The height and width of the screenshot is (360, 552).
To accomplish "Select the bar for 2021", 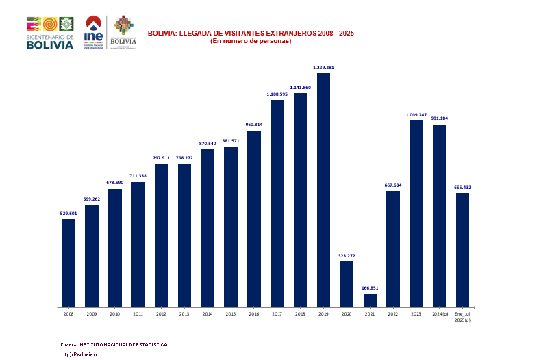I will [x=370, y=300].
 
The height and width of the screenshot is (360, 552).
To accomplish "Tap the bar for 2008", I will [x=68, y=263].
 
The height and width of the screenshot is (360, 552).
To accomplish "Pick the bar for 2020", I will [x=347, y=284].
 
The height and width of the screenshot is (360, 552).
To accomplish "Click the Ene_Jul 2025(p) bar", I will [x=462, y=250].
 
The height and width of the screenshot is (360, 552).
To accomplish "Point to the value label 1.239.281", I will [x=323, y=68].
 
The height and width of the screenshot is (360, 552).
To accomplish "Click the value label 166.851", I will [x=370, y=288].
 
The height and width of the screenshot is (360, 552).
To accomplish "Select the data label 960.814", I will [x=254, y=125].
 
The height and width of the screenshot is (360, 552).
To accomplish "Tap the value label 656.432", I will [x=462, y=187].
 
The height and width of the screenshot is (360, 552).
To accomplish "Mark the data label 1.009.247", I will [x=416, y=114].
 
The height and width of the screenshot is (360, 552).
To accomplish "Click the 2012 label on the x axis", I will [x=161, y=314].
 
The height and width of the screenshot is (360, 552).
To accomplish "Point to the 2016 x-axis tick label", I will [x=254, y=314].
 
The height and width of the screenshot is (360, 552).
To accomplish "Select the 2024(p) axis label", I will [x=440, y=314].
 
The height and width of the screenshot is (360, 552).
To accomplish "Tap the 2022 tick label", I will [x=393, y=314].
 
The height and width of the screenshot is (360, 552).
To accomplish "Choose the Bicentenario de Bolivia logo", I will [x=50, y=33].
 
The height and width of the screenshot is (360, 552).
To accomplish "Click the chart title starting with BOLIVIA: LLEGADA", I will [x=251, y=33].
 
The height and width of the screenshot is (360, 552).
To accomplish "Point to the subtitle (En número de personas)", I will [x=251, y=41].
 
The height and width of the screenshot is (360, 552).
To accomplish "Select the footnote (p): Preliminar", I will [x=81, y=355].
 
